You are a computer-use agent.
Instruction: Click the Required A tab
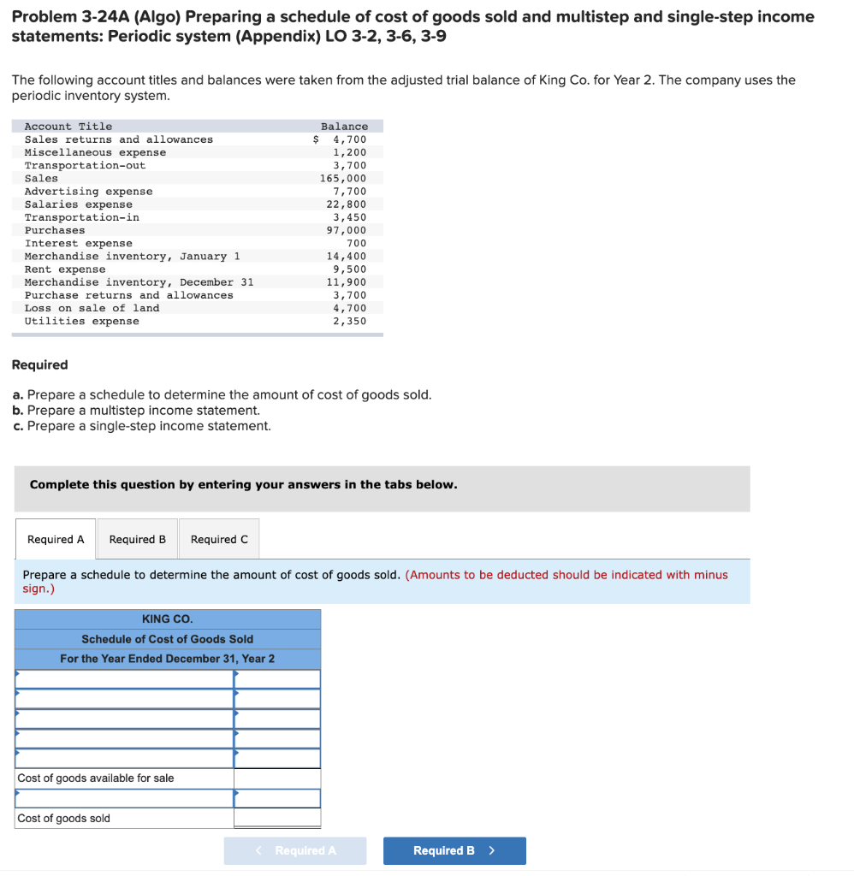click(56, 540)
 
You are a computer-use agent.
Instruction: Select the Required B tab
click(138, 540)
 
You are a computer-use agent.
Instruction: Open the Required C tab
click(219, 540)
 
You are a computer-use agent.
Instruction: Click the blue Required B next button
click(454, 850)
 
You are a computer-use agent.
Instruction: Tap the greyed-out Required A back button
click(295, 850)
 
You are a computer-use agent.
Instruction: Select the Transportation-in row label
click(81, 217)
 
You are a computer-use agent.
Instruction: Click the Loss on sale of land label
click(92, 308)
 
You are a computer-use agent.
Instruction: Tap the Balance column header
click(344, 126)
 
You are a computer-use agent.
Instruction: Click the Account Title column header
click(68, 126)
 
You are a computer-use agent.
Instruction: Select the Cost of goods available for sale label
click(96, 778)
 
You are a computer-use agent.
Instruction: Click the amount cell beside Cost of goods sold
click(277, 819)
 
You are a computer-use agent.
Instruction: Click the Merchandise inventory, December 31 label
click(139, 282)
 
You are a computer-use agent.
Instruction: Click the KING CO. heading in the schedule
click(167, 619)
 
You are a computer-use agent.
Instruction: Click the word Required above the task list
click(39, 365)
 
